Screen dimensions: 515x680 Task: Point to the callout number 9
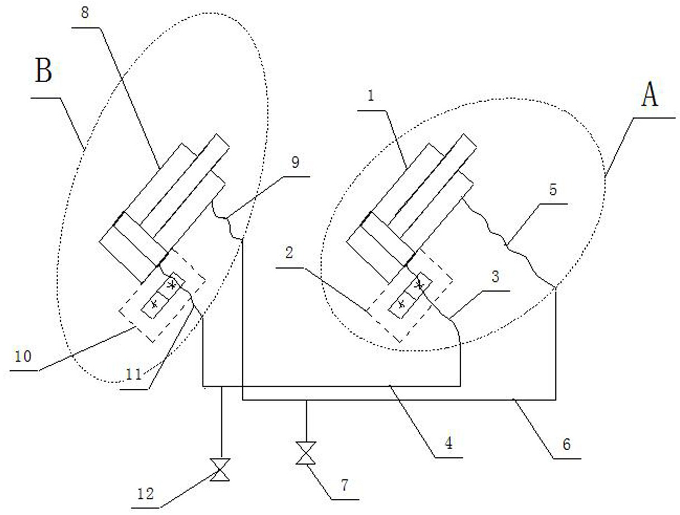(295, 163)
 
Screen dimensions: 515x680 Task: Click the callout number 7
(344, 485)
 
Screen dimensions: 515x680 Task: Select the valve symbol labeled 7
(305, 453)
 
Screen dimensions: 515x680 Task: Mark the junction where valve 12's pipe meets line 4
(222, 386)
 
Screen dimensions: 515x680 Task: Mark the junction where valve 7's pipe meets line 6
(305, 400)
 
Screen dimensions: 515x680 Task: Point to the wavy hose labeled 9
(229, 221)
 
